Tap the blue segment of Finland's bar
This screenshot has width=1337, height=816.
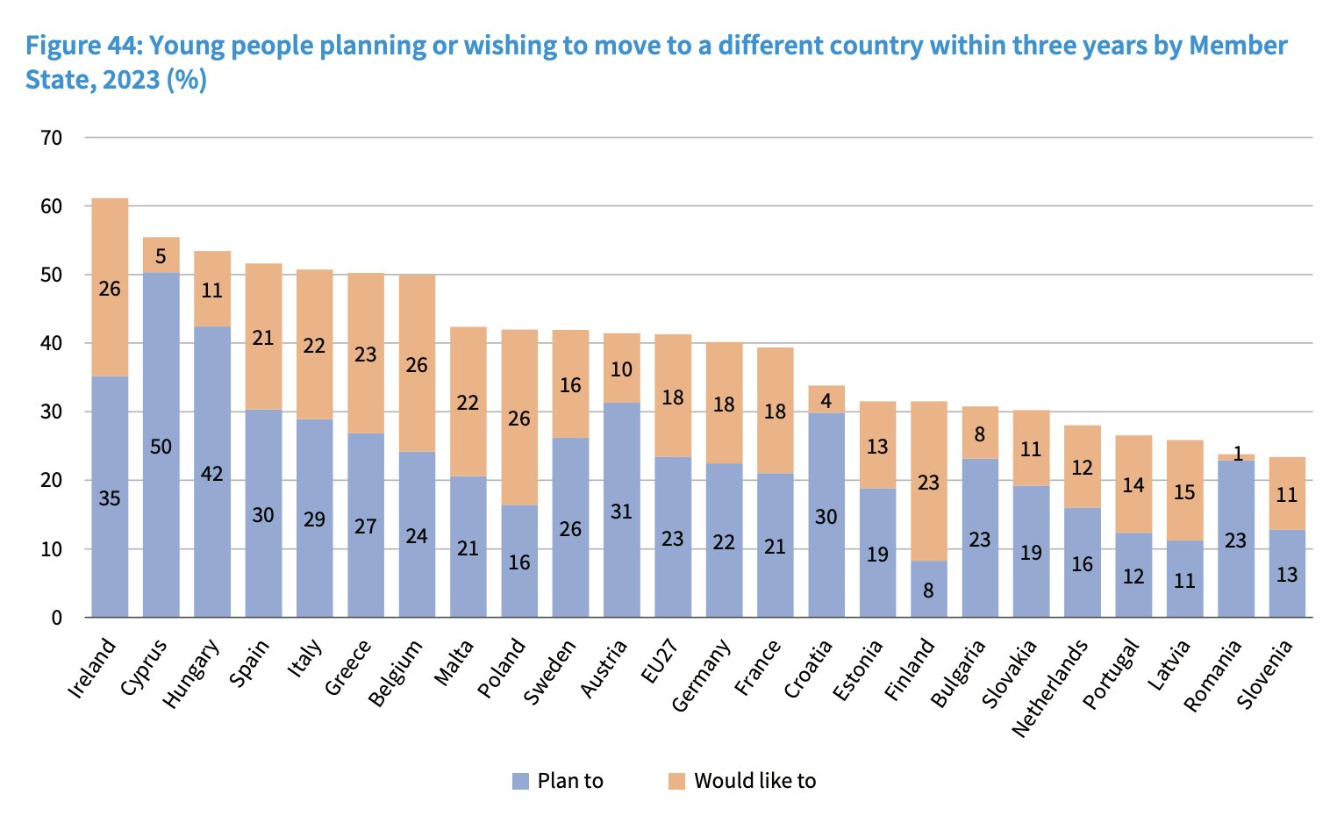(928, 589)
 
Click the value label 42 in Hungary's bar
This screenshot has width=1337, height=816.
(212, 474)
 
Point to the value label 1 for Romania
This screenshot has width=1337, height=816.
(1238, 454)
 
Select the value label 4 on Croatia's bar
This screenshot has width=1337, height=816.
(826, 400)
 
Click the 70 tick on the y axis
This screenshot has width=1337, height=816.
(51, 138)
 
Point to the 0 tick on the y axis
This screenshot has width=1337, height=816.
(56, 618)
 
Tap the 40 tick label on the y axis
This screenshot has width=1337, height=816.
(51, 343)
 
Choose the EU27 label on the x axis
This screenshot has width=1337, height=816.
(660, 662)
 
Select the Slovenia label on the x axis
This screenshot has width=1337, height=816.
(1266, 674)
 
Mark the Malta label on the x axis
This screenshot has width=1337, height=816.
(454, 662)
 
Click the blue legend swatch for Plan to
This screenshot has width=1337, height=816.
(521, 781)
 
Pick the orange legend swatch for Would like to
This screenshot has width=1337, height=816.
(676, 781)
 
